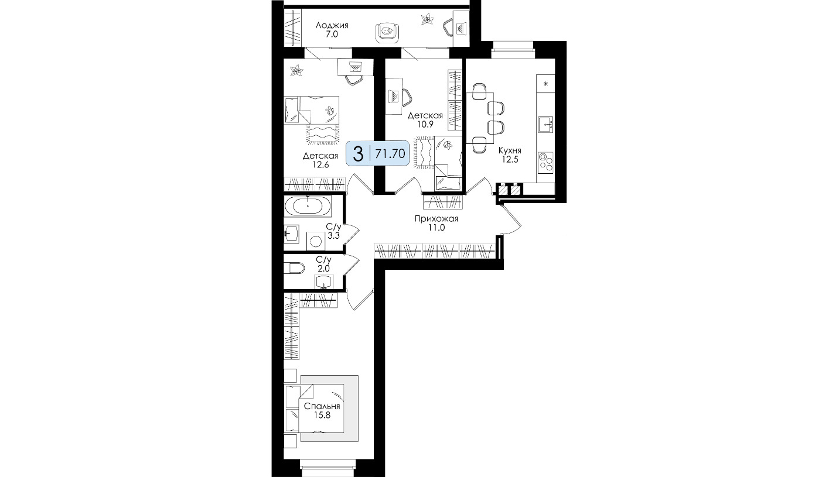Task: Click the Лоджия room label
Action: [x=332, y=25]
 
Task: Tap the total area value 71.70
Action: [x=390, y=154]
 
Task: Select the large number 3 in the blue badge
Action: [x=359, y=154]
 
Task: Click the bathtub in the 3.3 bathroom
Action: [x=308, y=206]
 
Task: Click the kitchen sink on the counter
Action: [x=545, y=125]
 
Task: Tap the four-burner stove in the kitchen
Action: [x=545, y=162]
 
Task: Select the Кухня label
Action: [x=509, y=150]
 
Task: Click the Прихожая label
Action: [x=436, y=218]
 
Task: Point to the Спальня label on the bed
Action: [x=322, y=406]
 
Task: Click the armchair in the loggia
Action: [x=387, y=32]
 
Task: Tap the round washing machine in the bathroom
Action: [x=315, y=241]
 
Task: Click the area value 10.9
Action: [x=425, y=125]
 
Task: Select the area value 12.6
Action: [x=320, y=164]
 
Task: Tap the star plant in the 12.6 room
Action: [x=296, y=70]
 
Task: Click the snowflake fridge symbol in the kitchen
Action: [x=545, y=84]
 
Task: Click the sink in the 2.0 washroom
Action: [x=324, y=282]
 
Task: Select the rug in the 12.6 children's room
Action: [x=323, y=134]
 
